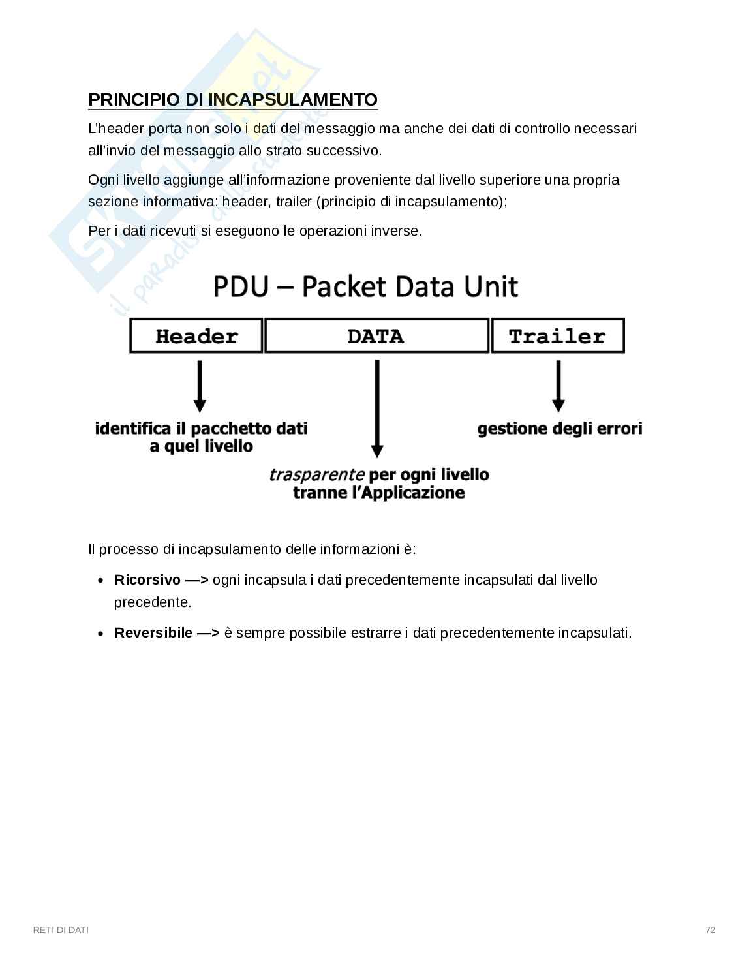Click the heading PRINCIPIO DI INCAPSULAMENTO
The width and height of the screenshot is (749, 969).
pos(232,100)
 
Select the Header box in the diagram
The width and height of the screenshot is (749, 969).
pos(196,336)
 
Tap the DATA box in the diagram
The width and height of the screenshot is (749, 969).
pos(376,336)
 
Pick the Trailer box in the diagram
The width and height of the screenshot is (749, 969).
pos(558,336)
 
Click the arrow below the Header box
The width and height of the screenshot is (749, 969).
pos(200,386)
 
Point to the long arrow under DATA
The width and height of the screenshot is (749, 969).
pos(376,408)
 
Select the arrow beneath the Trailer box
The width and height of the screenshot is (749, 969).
pos(558,386)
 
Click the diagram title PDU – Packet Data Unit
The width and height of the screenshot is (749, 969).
pos(365,287)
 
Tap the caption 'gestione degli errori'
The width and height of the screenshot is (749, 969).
pos(560,429)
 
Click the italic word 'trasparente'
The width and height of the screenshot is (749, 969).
pos(316,474)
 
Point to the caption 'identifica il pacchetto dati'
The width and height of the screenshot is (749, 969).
pos(201,429)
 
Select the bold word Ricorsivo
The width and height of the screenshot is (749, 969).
pos(147,580)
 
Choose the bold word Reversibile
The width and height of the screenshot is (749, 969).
pos(153,633)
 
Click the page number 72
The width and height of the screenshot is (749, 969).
pos(711,930)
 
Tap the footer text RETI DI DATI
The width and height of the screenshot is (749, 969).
pos(61,930)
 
